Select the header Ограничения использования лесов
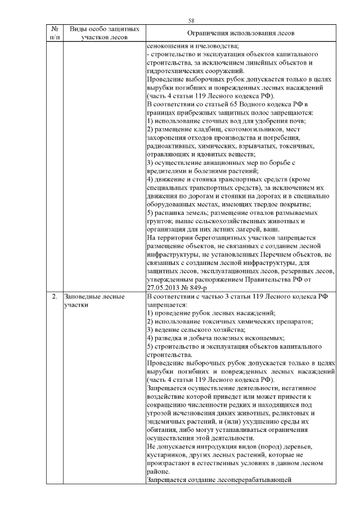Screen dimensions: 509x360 (x=240, y=34)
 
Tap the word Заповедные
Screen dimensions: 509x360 (x=85, y=296)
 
